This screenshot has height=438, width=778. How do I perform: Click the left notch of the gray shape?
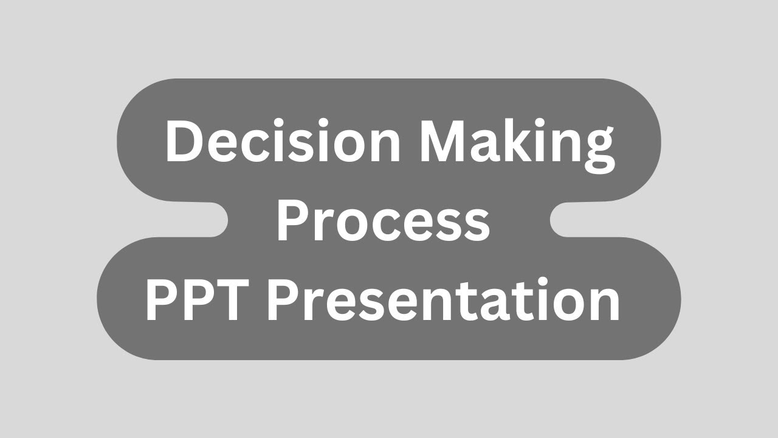pyautogui.click(x=216, y=220)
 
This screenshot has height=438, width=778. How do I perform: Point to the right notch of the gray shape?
pyautogui.click(x=562, y=220)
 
